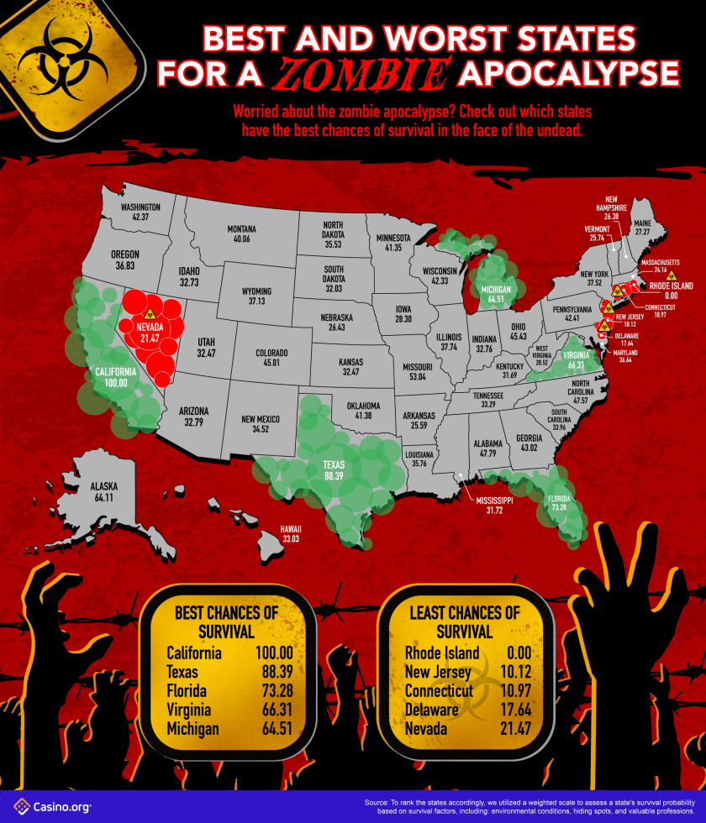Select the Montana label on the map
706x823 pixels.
(x=241, y=233)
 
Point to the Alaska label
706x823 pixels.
(x=104, y=491)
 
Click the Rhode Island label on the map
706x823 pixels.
(x=670, y=291)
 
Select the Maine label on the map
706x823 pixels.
(x=643, y=226)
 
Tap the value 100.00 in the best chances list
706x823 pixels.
(x=274, y=653)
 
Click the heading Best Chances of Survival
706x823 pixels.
(x=225, y=621)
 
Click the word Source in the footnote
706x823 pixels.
(x=379, y=803)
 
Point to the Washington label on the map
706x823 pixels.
(x=140, y=212)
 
